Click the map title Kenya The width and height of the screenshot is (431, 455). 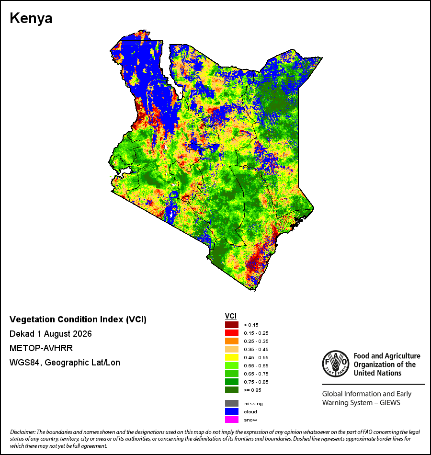pos(31,19)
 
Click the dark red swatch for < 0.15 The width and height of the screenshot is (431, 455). pos(232,325)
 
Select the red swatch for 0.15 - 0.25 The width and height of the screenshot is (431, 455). pos(232,333)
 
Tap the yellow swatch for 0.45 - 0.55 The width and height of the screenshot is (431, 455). pos(232,357)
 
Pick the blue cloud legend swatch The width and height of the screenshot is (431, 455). pos(232,411)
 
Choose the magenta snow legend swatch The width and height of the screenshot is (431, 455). pos(232,420)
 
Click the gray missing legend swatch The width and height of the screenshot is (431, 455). pos(232,403)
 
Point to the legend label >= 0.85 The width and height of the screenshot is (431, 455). pos(252,390)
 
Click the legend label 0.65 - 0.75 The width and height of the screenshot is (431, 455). pos(256,374)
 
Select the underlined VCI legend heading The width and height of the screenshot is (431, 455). pos(231,316)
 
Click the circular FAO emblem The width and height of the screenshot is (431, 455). pos(336,364)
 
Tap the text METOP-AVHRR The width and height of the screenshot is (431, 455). pos(41,348)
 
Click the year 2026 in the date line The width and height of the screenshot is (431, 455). pos(82,334)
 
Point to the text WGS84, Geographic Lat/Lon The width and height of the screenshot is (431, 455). pos(65,363)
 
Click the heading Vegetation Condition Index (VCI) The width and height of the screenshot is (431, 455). pos(78,319)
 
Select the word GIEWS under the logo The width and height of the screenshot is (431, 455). pos(390,403)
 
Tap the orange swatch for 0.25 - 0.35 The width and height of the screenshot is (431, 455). pos(232,341)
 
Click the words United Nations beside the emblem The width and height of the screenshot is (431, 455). pos(377,373)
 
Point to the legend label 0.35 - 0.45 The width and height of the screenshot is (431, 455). pos(256,349)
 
